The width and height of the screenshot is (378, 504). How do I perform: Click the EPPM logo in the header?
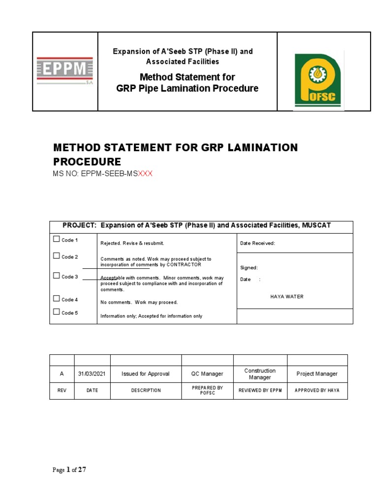click(x=65, y=71)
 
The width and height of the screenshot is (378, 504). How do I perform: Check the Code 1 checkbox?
click(x=56, y=239)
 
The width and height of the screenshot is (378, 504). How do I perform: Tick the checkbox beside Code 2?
click(x=56, y=256)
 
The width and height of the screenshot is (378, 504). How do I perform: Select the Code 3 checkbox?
click(x=56, y=276)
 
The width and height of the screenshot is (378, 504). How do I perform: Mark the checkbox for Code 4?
click(x=56, y=299)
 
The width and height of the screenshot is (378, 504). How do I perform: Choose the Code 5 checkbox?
click(x=56, y=312)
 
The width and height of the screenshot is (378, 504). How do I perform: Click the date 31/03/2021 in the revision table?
click(x=92, y=374)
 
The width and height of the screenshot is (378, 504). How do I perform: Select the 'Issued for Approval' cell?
click(x=146, y=374)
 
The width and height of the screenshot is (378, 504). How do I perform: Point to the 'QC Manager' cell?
click(x=207, y=374)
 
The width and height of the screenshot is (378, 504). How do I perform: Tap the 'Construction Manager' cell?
click(x=260, y=374)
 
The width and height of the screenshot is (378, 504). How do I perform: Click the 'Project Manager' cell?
click(x=317, y=374)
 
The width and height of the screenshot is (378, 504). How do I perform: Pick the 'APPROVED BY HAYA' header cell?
click(x=317, y=390)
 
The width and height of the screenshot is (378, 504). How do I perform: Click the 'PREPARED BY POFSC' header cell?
click(x=207, y=390)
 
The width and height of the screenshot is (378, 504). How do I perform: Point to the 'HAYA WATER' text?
click(x=287, y=296)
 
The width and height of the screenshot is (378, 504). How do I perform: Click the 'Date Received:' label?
click(x=257, y=243)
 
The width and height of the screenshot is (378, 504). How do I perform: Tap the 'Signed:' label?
click(x=249, y=268)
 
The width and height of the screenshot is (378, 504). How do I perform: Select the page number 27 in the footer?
click(x=82, y=470)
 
